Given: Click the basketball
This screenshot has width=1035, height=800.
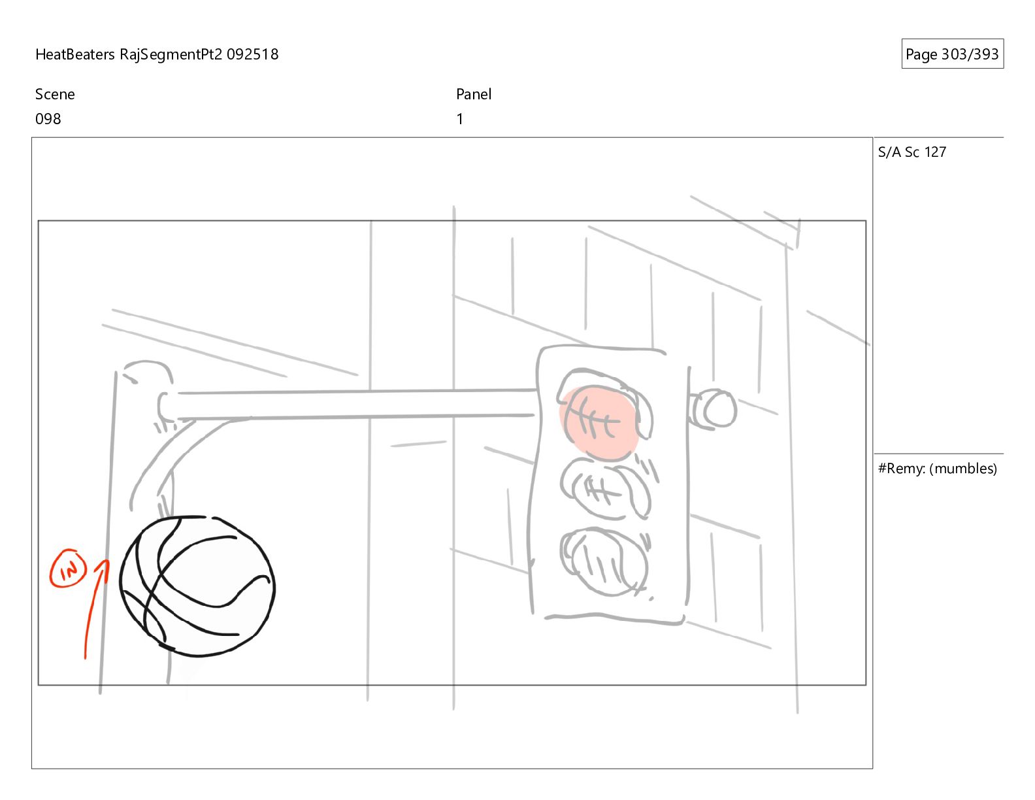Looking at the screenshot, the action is [x=197, y=586].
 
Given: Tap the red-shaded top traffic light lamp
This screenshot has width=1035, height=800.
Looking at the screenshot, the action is [x=599, y=423].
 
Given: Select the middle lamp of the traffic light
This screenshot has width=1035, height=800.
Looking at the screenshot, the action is [x=605, y=488].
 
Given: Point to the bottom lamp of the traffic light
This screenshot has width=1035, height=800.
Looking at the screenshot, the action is [x=604, y=561].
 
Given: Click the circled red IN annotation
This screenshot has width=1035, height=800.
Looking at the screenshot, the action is [x=68, y=569].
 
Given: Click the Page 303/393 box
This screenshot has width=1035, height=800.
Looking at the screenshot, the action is [x=952, y=54].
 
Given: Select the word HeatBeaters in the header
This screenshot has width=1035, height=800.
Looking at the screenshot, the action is [x=75, y=54].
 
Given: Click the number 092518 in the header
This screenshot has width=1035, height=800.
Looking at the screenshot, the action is [x=252, y=54].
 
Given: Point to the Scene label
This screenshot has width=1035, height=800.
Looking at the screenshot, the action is [x=55, y=94].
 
